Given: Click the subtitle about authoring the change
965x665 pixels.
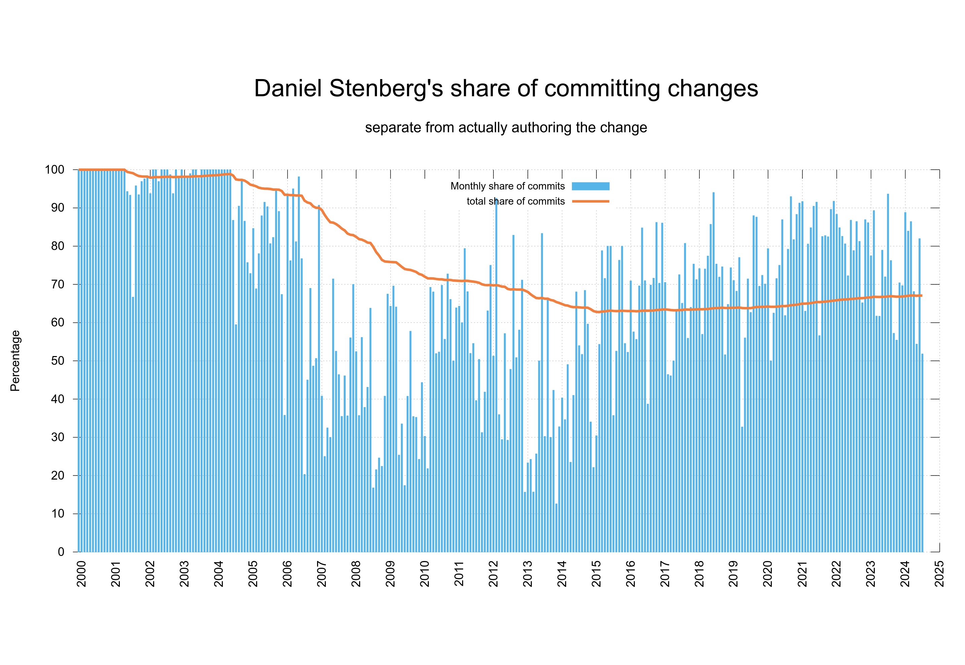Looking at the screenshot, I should coord(506,128).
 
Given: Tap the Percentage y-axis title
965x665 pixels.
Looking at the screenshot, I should coord(15,360).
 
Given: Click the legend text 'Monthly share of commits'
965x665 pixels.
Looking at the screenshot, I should coord(507,186).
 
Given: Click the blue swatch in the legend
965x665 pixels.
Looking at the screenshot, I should coord(590,186).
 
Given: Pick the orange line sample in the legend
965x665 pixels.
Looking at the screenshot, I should coord(590,201).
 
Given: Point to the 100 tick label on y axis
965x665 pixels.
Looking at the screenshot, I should coord(55,170).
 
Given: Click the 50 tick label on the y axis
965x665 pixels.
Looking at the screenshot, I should coord(58,361).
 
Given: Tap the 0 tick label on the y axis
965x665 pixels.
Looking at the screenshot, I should coord(61,552).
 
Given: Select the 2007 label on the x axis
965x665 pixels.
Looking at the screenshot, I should coord(322,574).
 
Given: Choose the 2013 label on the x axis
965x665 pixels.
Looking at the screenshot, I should coord(527,574).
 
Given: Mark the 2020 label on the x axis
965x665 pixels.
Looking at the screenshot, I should coord(767,574).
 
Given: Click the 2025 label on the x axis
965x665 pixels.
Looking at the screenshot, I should coord(939,574).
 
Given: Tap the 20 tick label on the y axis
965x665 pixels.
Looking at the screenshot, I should coord(58,476).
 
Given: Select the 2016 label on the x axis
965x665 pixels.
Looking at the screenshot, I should coord(630,574).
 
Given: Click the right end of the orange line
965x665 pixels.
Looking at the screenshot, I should coord(921,295).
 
